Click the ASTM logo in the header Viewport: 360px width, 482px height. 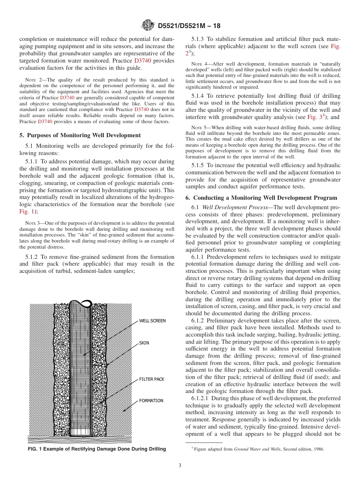(147, 26)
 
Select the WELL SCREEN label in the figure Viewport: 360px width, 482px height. (152, 321)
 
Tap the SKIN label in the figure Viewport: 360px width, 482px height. (144, 343)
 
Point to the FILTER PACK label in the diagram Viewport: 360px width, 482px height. (152, 379)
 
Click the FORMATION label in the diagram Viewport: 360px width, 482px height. (151, 401)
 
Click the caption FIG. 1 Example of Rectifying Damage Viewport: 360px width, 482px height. (97, 449)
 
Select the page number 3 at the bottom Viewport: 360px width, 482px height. (180, 466)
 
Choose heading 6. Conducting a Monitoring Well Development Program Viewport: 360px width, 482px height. (261, 198)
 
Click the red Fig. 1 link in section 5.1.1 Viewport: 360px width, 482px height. (26, 211)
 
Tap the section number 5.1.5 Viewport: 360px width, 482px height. (199, 165)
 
